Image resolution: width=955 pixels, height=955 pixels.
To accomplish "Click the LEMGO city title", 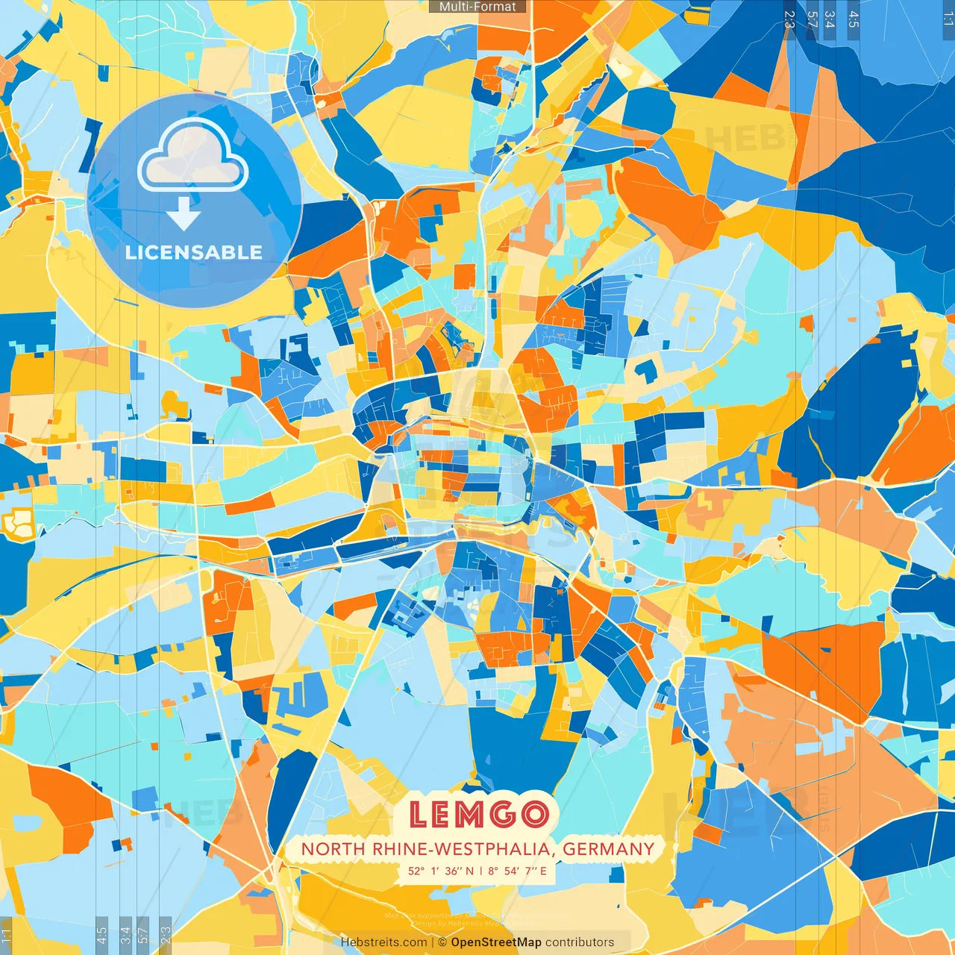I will (x=478, y=814).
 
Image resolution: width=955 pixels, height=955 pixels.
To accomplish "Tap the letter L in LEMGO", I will (x=419, y=815).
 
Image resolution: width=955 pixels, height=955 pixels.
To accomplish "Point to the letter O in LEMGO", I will (x=534, y=815).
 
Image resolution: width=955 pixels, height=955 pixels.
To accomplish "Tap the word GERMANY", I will (x=608, y=849).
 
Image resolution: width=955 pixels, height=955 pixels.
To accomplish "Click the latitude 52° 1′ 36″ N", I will (x=440, y=871).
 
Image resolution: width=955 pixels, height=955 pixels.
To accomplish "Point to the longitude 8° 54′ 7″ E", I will (x=518, y=871).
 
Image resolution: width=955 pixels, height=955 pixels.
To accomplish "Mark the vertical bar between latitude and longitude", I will (x=481, y=871).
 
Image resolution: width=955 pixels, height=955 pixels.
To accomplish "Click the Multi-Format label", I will (x=477, y=7).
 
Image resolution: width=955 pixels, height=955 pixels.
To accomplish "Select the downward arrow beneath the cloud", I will (x=184, y=214).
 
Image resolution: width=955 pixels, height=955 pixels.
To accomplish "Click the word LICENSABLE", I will (x=194, y=252).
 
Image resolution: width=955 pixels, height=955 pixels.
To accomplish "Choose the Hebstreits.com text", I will (x=384, y=942).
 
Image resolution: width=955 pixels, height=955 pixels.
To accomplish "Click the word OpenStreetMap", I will (x=496, y=942).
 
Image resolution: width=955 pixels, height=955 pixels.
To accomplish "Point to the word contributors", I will (x=580, y=942).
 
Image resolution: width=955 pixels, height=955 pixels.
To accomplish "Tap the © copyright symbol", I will (x=442, y=942).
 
